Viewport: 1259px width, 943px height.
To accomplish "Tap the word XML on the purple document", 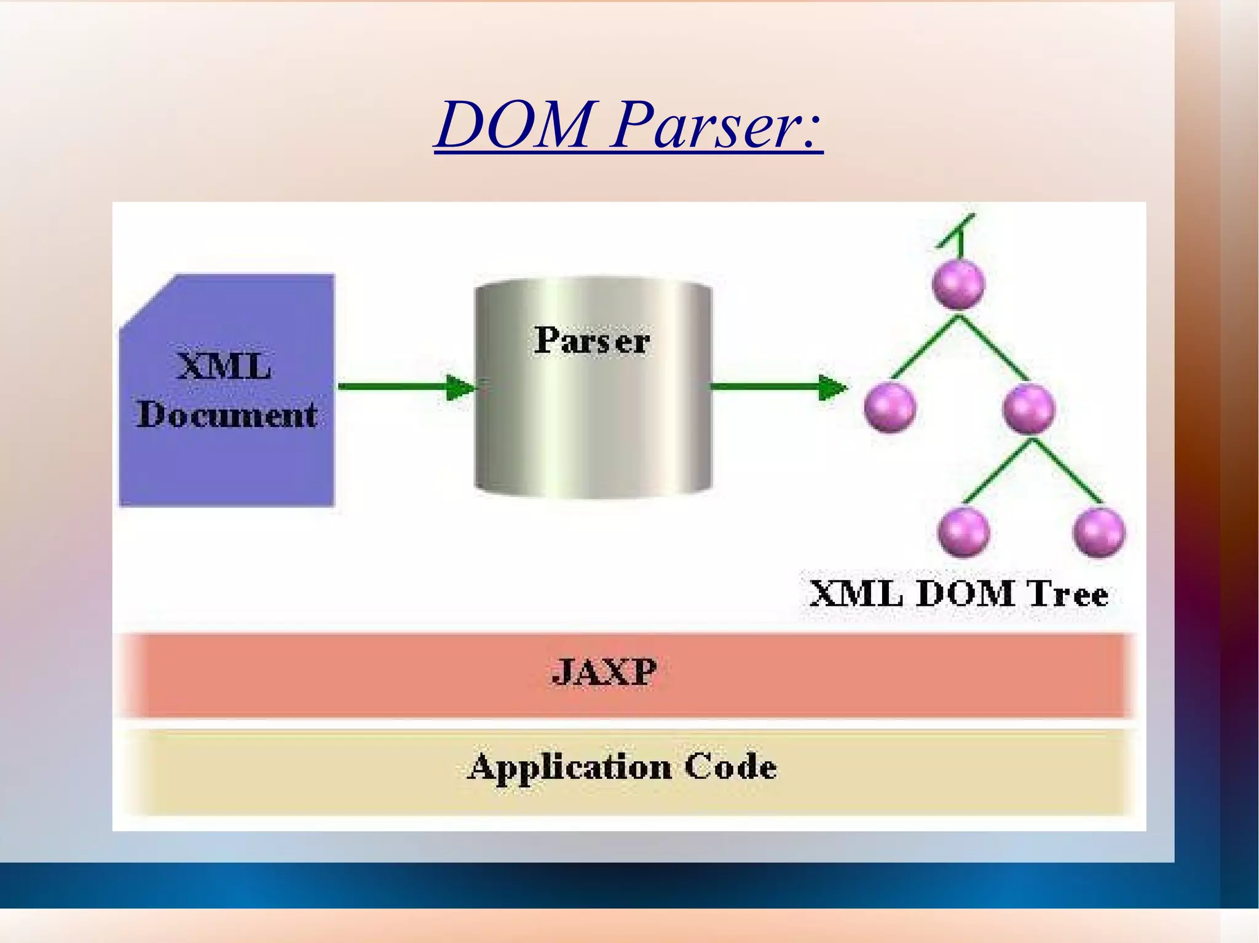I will tap(224, 367).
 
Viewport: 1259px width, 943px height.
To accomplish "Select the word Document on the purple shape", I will tap(227, 415).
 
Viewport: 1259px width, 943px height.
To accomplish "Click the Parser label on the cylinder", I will tap(591, 340).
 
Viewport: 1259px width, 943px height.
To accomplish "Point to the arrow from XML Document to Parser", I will tap(406, 387).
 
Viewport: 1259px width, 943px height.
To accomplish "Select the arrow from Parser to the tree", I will tap(778, 387).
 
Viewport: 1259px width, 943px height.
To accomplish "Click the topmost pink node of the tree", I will tap(958, 284).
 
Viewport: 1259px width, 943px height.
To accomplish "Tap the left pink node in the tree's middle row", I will tap(890, 407).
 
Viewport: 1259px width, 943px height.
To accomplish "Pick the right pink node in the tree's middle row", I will tap(1028, 408).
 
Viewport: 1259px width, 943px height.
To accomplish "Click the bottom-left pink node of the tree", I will tap(963, 532).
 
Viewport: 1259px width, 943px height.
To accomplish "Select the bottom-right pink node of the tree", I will tap(1099, 532).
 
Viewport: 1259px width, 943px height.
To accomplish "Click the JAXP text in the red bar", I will tap(604, 672).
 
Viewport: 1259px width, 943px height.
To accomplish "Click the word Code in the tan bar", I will tap(730, 767).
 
